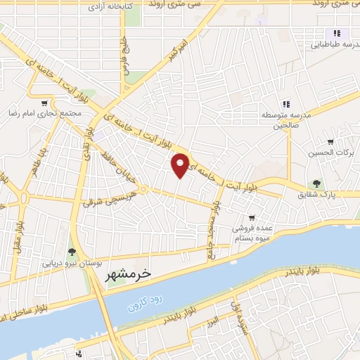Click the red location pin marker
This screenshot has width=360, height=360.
click(181, 165)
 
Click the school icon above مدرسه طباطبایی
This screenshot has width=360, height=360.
click(337, 33)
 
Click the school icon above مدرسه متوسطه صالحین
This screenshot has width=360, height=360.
click(285, 105)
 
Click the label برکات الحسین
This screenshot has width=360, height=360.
click(330, 153)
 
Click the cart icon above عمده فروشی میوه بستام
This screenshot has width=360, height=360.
click(252, 218)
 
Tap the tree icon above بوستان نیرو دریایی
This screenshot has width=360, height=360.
click(72, 252)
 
